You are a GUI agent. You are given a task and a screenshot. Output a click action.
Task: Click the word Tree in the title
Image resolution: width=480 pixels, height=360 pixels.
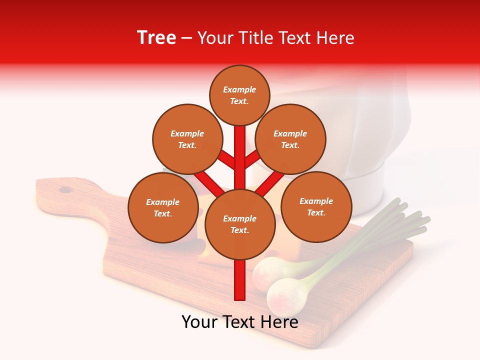point(156,38)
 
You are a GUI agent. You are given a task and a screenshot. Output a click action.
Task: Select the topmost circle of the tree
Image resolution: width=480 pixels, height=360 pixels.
point(239,95)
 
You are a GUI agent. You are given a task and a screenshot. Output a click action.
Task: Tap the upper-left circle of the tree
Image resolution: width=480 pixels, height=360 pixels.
point(187,139)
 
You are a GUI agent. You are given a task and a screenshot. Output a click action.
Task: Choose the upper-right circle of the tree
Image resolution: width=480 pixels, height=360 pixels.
point(290,139)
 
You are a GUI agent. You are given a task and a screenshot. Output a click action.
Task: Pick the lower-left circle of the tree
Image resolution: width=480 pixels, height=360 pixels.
point(162,207)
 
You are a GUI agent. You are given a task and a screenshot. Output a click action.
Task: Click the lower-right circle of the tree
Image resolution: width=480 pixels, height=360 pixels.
point(316,206)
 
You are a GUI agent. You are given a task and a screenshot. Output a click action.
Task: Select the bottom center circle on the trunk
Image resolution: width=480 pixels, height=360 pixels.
point(239,224)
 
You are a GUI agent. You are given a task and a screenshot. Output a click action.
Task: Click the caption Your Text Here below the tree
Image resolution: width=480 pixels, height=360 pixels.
point(239,322)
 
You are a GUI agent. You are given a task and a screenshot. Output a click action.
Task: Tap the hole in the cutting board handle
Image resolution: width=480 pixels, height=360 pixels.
point(65,189)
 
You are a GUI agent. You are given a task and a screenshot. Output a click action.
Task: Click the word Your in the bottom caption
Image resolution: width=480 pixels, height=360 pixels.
point(200,322)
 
